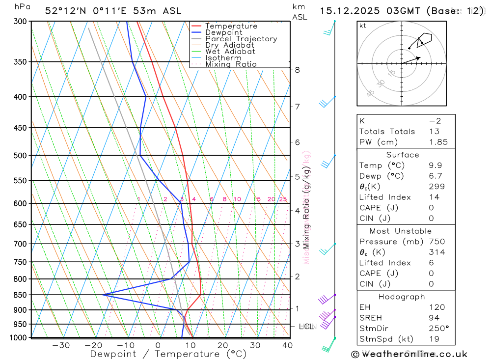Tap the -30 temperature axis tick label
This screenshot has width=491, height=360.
point(61,345)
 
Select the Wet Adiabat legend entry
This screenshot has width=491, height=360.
point(230,52)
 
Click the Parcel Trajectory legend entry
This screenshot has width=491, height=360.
point(241,39)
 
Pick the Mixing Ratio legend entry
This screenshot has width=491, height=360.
point(231,64)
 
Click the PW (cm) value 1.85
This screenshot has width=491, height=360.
point(438,142)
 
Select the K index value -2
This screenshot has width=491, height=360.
point(435,121)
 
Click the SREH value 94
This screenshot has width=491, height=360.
point(434,318)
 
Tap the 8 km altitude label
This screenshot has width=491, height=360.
point(298,70)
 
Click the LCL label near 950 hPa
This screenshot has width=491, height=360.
point(306,326)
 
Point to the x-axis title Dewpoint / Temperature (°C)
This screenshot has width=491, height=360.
point(168,354)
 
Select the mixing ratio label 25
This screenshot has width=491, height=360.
point(283,199)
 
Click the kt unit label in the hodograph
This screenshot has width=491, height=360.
point(362,26)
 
